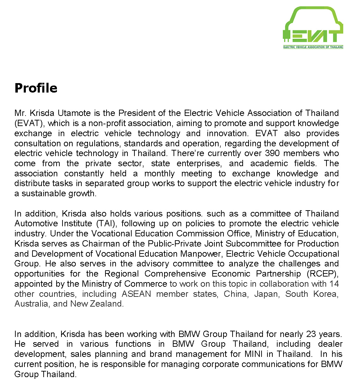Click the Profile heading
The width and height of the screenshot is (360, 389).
pos(36,88)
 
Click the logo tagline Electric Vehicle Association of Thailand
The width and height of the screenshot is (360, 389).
pos(313,46)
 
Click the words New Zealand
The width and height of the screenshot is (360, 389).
pos(97,304)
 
